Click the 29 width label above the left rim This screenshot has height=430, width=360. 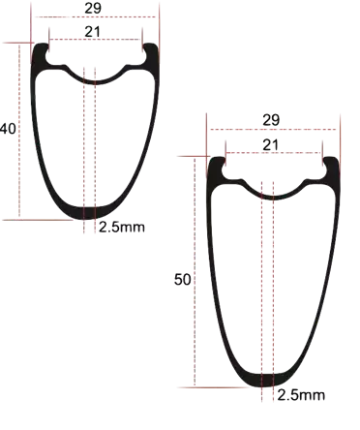(93, 8)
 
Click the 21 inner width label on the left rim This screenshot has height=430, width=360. (93, 32)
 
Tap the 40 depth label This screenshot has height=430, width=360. (8, 129)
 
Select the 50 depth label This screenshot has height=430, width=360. (183, 279)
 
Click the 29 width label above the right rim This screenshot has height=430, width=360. (271, 120)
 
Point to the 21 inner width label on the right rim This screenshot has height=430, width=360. (270, 145)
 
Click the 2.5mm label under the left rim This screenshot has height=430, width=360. (122, 228)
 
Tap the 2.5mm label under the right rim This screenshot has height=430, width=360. (301, 395)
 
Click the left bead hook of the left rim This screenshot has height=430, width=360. (41, 51)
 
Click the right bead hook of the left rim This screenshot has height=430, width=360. (150, 51)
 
